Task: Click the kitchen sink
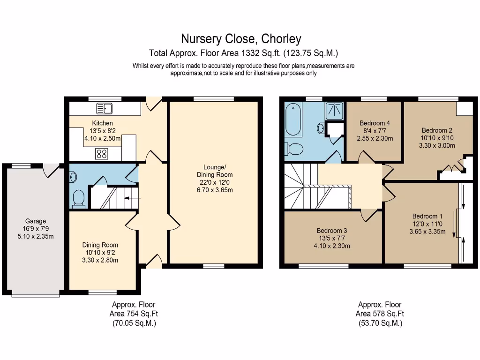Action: point(105,109)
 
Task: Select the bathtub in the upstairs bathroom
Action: point(294,119)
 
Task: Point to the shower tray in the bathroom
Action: point(335,110)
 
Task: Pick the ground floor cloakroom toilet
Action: point(79,199)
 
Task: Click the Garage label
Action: point(36,221)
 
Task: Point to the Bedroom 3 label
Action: point(332,231)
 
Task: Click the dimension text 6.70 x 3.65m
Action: point(215,190)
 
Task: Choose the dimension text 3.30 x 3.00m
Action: point(437,145)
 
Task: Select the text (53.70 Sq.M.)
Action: point(380,323)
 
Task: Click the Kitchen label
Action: point(102,123)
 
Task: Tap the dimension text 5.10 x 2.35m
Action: point(36,236)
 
